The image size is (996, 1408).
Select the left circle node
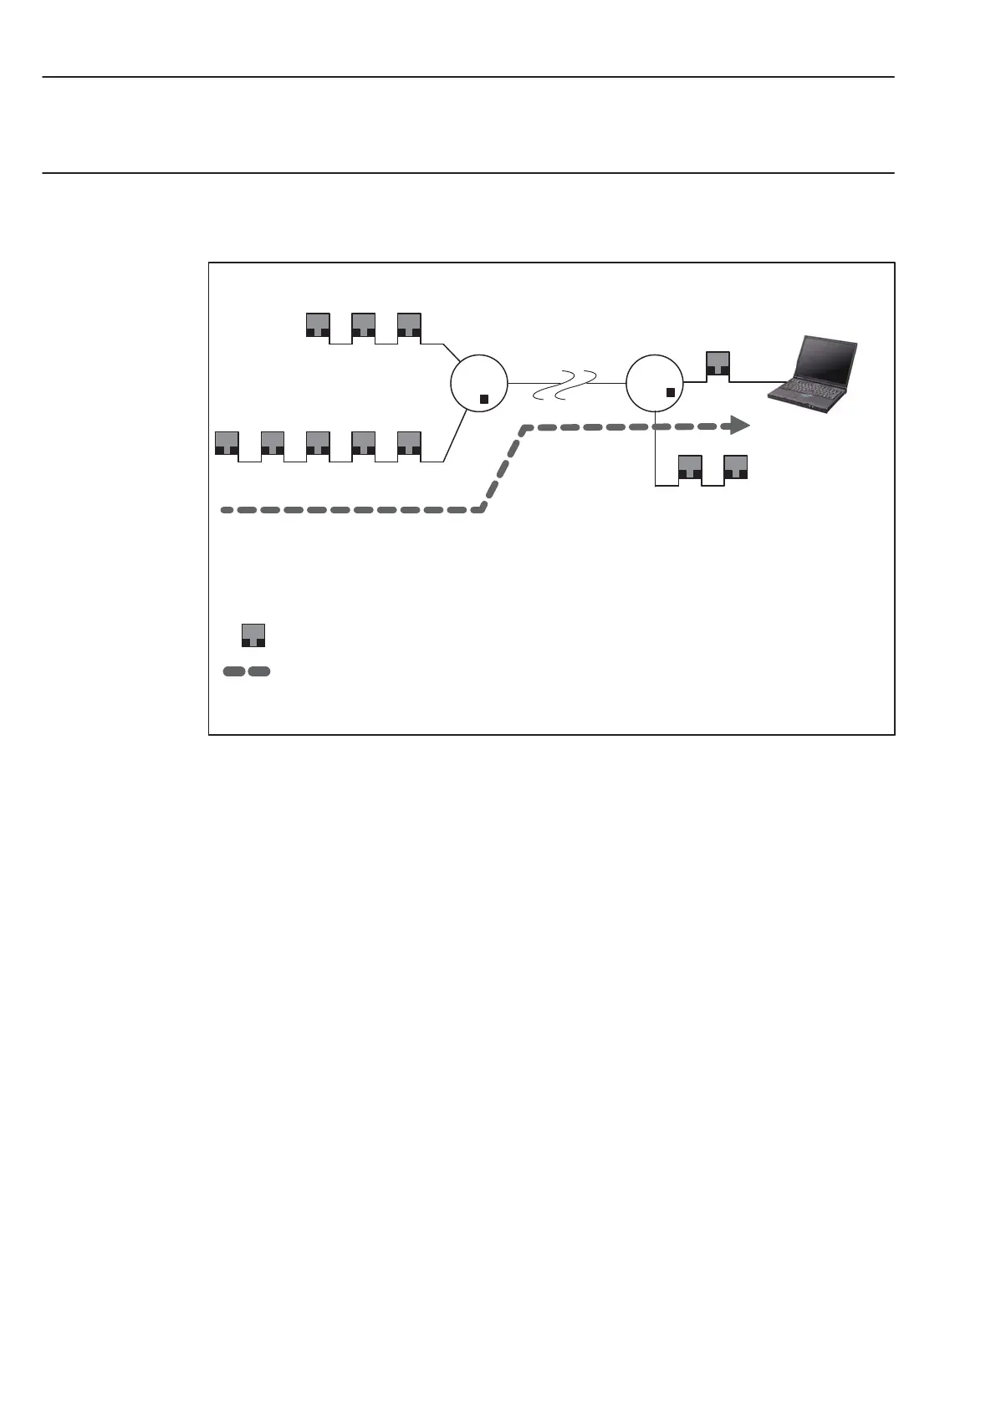pos(478,382)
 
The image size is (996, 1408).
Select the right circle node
pos(655,382)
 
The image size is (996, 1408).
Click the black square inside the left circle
pos(484,399)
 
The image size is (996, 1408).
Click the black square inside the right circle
pos(670,392)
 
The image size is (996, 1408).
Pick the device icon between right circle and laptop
pos(718,364)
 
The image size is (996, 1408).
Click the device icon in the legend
pos(253,635)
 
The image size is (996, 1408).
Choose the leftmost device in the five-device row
pos(227,442)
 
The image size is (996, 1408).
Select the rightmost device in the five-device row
pos(408,442)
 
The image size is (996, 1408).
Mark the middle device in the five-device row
pos(318,442)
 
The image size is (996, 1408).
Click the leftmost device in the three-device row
pos(318,324)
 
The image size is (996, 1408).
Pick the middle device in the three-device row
pos(363,324)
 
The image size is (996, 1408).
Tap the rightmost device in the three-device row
pos(408,324)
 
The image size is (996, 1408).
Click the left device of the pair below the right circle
pos(690,467)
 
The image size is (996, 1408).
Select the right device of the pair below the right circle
pos(735,467)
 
